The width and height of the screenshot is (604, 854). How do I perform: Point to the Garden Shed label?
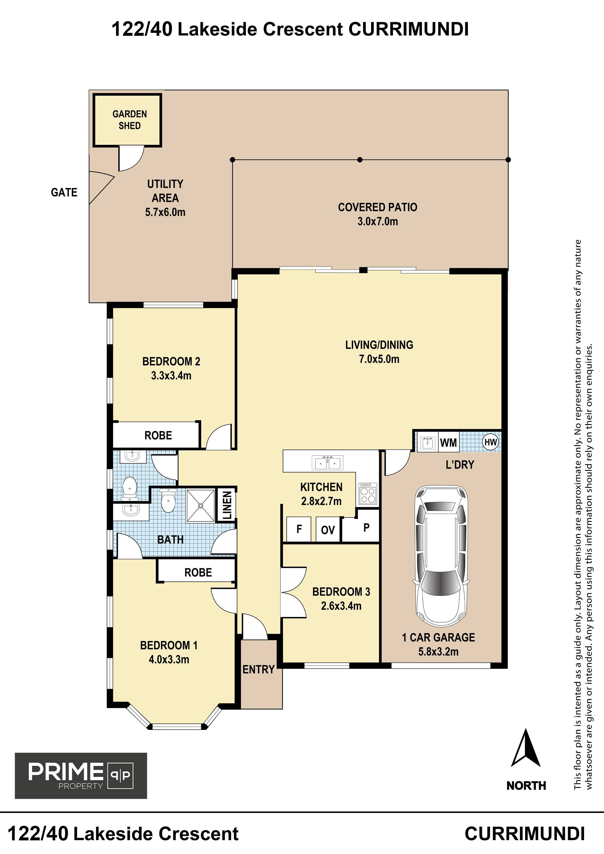(130, 120)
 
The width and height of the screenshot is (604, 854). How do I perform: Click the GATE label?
(64, 192)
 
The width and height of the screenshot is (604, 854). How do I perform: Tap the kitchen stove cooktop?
(368, 493)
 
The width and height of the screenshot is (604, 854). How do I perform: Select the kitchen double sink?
(328, 463)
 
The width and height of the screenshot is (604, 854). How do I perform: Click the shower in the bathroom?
(201, 505)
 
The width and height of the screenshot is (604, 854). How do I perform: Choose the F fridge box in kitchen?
(299, 529)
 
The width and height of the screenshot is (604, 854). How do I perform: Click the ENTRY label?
(259, 669)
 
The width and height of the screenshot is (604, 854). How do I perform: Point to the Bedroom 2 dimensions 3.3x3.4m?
(171, 376)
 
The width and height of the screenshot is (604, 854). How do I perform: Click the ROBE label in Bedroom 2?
(158, 436)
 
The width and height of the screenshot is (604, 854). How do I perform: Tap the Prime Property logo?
(81, 776)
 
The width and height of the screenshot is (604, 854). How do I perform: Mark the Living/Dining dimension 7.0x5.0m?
(379, 359)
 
